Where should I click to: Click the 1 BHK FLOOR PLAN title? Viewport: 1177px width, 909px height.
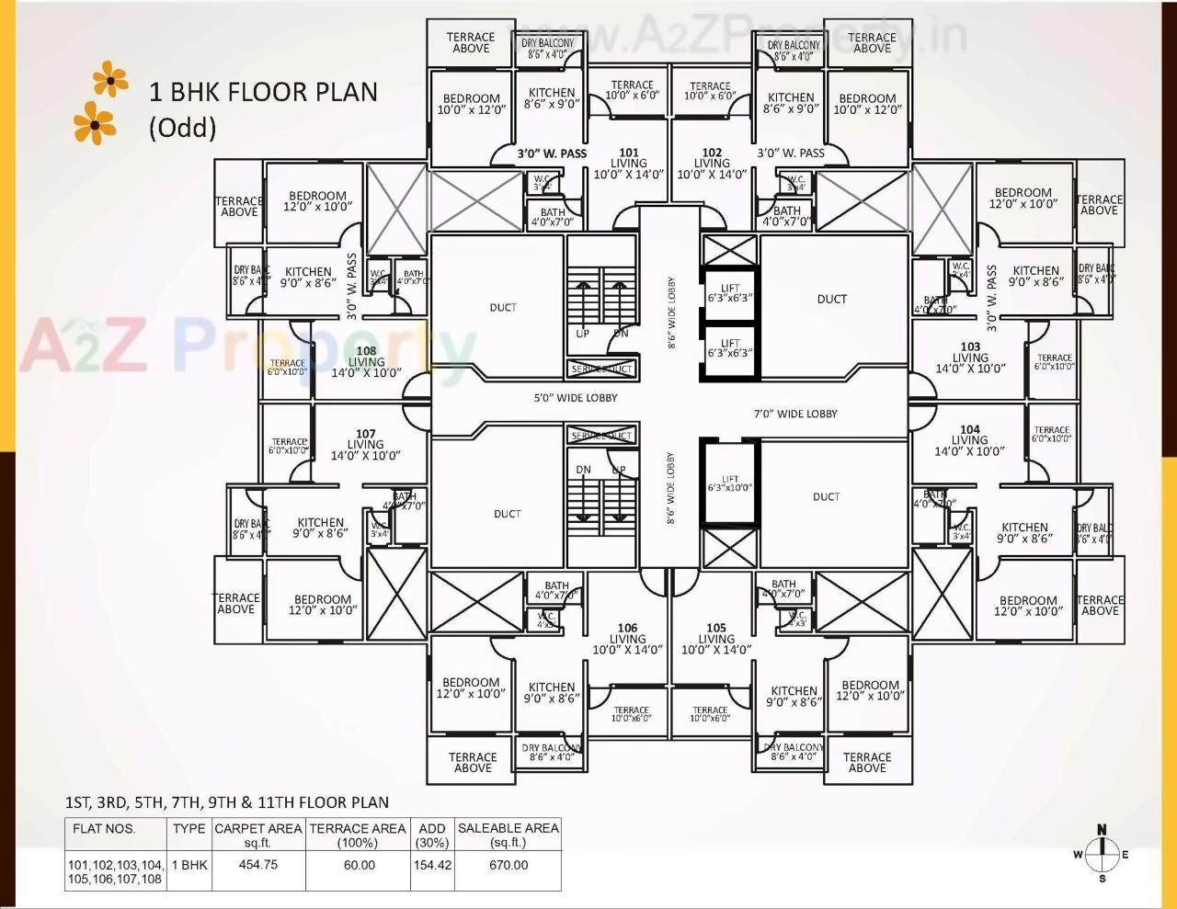263,92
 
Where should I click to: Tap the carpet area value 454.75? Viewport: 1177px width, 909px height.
257,865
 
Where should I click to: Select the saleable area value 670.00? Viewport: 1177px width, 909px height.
508,865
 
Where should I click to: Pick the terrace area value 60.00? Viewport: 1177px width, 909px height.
358,865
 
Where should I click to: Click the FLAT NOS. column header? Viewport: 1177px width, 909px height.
104,829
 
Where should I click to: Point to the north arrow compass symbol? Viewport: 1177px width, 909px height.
1101,854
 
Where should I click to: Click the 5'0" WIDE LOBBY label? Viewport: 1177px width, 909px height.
576,398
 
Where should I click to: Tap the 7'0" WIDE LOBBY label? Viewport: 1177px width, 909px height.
795,414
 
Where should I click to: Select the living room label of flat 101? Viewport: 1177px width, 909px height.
628,164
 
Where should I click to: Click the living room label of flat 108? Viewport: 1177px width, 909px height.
366,362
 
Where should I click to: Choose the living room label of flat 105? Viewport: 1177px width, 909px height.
715,639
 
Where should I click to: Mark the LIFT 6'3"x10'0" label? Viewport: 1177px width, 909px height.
729,483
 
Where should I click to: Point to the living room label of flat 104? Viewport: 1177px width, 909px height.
969,440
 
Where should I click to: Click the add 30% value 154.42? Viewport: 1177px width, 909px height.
432,865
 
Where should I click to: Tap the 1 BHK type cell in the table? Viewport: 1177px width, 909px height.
189,865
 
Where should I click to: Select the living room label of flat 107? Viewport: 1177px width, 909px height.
366,445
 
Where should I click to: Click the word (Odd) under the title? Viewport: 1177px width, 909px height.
182,127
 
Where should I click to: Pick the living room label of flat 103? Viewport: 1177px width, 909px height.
970,358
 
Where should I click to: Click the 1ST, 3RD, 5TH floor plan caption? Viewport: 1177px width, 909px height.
226,802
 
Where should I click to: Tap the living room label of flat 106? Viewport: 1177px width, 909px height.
627,639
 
